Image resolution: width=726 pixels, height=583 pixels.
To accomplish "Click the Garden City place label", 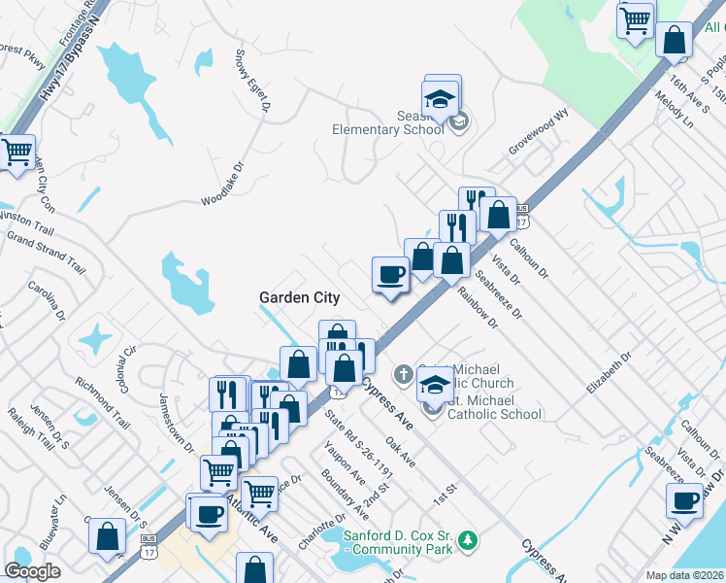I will tap(299, 297).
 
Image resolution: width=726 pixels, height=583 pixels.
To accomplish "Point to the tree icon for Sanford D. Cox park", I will tap(469, 539).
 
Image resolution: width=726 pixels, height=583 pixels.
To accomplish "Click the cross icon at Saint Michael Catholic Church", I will tap(405, 373).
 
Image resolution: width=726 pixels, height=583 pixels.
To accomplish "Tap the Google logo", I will tap(33, 571).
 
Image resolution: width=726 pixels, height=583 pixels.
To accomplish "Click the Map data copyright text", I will tap(685, 575).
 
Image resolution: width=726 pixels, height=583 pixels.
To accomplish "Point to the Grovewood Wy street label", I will tap(537, 137).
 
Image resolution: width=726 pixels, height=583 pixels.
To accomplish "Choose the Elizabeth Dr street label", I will tap(609, 371).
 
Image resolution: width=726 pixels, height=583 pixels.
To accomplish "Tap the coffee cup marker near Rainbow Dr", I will tap(390, 274).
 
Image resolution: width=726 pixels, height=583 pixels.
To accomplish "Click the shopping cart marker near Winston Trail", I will tap(16, 153).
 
